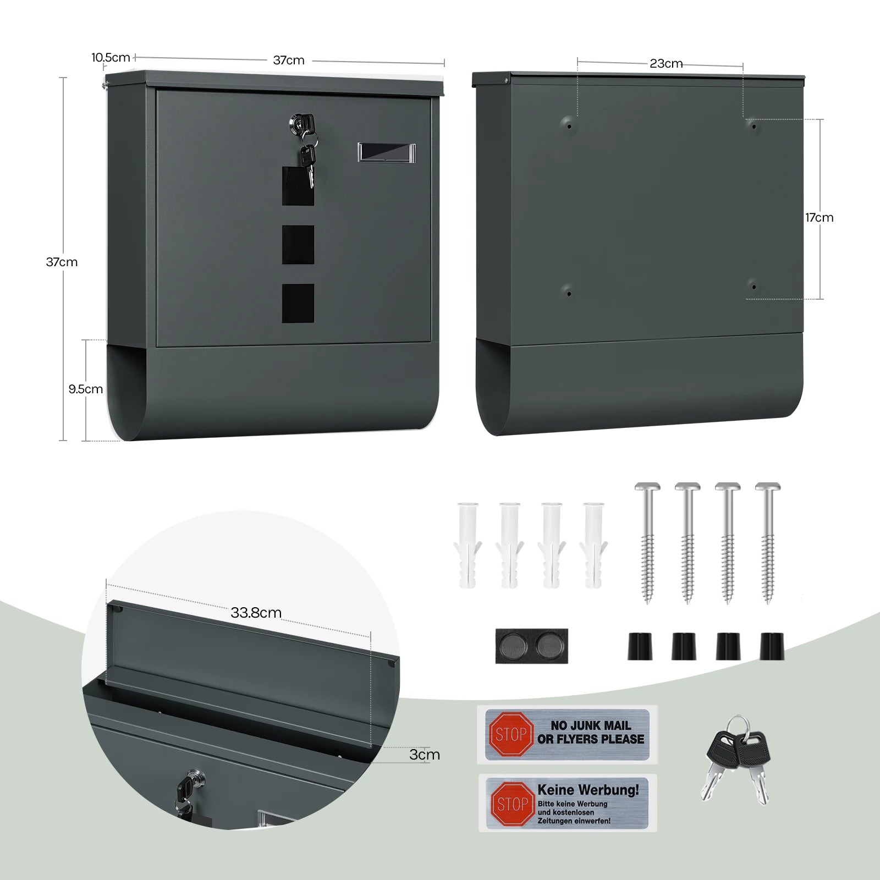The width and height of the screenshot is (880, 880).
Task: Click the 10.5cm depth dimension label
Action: point(111,57)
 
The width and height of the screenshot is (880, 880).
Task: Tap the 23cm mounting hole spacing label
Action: point(666,63)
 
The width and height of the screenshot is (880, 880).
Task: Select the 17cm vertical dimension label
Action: point(819,217)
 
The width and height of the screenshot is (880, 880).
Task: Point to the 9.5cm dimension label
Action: point(86,389)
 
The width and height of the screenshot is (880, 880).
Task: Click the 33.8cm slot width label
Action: point(256,612)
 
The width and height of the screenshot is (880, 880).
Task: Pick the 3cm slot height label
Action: point(425,754)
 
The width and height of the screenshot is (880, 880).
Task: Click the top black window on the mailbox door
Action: point(298,186)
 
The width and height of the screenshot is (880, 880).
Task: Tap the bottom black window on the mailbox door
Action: point(298,303)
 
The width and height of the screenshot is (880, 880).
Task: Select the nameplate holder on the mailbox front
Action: point(387,152)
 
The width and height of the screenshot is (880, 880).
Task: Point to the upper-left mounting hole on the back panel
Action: point(569,125)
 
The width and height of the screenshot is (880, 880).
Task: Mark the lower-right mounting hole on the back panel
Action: point(754,287)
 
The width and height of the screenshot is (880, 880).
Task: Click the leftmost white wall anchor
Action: point(468,544)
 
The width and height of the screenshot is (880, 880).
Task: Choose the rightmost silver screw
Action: point(768,542)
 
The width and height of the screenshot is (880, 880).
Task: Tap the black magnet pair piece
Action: point(531,646)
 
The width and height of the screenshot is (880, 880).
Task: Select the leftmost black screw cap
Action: point(640,646)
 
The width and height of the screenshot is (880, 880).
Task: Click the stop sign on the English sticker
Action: point(511,734)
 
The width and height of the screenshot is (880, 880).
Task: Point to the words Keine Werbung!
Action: point(588,790)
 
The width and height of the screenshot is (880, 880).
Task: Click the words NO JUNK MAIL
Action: point(591,725)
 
